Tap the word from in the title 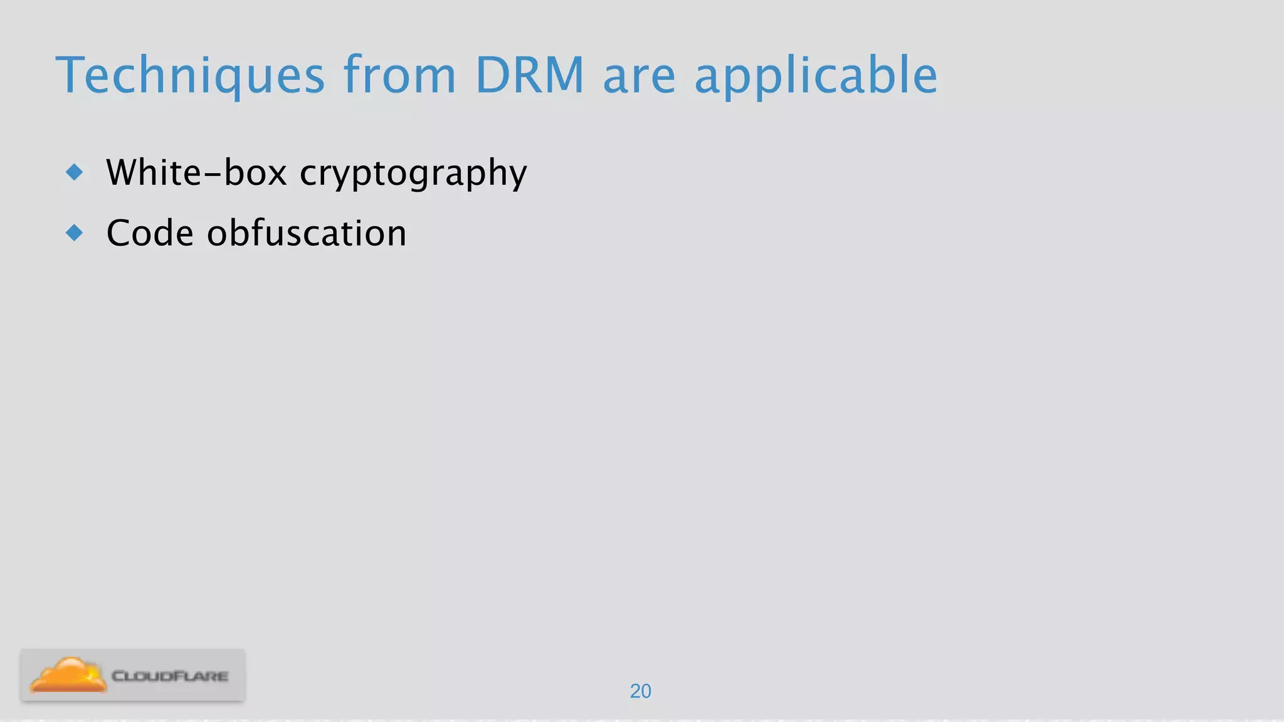(399, 75)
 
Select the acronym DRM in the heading (530, 75)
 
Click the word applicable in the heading (816, 76)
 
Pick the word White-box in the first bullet (196, 172)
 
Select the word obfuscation (307, 233)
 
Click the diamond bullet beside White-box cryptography (75, 172)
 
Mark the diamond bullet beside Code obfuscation (75, 233)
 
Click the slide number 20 (640, 691)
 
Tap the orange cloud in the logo (68, 675)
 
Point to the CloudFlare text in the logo (170, 676)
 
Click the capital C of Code (119, 233)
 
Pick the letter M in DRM (562, 75)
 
